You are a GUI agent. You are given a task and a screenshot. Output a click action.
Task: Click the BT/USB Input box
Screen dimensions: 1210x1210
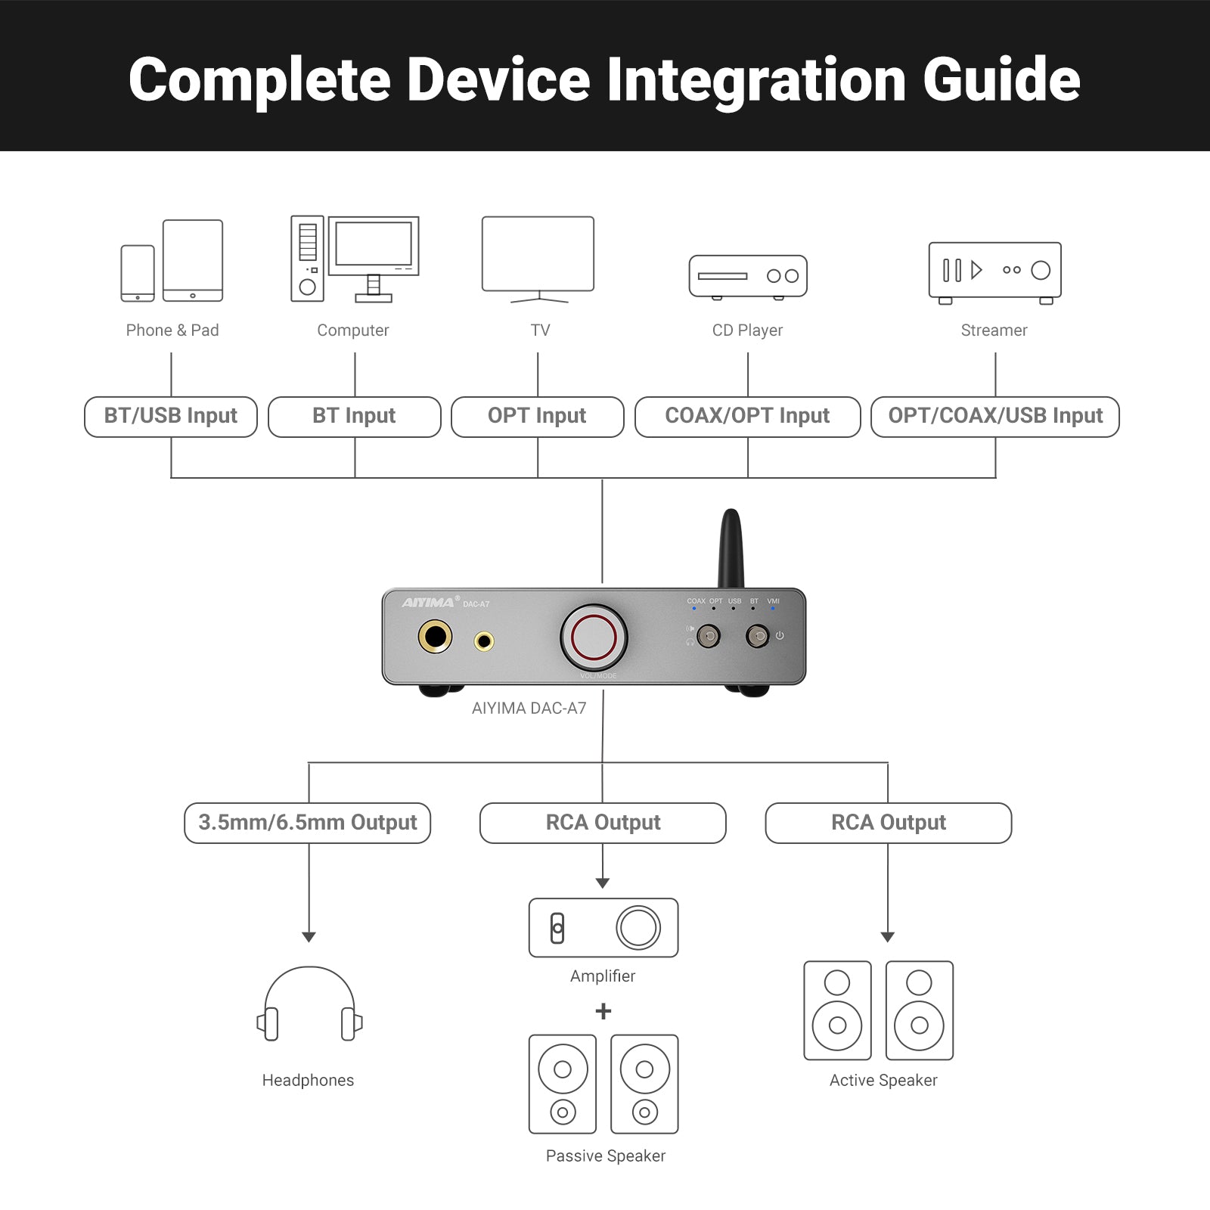pyautogui.click(x=171, y=417)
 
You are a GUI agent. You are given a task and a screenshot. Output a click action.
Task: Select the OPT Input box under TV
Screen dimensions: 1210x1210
pyautogui.click(x=537, y=417)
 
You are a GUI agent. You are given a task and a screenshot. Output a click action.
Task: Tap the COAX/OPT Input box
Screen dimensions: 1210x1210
pyautogui.click(x=747, y=417)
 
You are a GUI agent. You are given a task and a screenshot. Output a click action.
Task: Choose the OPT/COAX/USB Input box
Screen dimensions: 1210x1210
pyautogui.click(x=994, y=417)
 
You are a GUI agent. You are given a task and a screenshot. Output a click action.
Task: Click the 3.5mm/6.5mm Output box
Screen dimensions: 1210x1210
pyautogui.click(x=307, y=823)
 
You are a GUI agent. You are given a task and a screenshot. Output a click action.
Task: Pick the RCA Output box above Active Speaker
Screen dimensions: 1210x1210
pyautogui.click(x=888, y=823)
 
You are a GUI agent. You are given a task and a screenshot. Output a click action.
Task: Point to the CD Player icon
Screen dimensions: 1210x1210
pyautogui.click(x=748, y=277)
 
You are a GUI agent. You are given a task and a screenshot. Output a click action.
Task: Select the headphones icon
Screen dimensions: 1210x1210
pyautogui.click(x=309, y=1004)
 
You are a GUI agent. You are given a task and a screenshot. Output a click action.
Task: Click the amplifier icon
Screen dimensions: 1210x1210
pyautogui.click(x=603, y=928)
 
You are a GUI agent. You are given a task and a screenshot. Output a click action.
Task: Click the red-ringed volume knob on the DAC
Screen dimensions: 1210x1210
pyautogui.click(x=594, y=637)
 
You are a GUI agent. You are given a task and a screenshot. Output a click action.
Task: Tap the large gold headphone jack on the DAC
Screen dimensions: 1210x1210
pyautogui.click(x=435, y=637)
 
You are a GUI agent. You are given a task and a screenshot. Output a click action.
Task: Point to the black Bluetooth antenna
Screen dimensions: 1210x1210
pyautogui.click(x=731, y=548)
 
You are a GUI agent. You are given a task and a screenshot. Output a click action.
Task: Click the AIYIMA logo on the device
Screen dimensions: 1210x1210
pyautogui.click(x=428, y=603)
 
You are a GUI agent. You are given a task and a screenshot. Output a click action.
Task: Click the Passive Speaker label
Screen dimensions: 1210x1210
pyautogui.click(x=606, y=1156)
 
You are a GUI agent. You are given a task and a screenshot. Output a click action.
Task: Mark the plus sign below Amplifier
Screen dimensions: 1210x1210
pyautogui.click(x=603, y=1011)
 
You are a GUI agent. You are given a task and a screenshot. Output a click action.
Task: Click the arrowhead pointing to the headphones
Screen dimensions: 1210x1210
pyautogui.click(x=309, y=937)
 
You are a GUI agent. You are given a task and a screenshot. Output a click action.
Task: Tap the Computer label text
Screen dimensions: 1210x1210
pyautogui.click(x=352, y=330)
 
